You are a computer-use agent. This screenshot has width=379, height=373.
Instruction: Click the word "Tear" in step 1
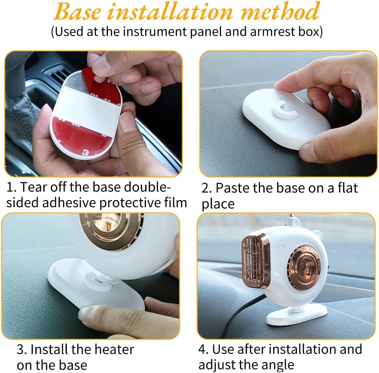pyautogui.click(x=34, y=187)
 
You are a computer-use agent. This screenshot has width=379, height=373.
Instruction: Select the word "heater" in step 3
pyautogui.click(x=114, y=349)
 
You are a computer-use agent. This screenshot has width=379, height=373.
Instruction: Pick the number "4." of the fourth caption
pyautogui.click(x=203, y=349)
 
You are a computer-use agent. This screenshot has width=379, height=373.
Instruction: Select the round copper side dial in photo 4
pyautogui.click(x=305, y=265)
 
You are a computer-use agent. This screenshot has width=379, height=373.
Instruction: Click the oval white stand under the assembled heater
pyautogui.click(x=296, y=315)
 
